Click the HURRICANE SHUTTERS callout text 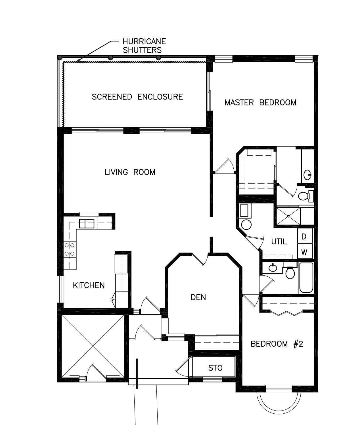(x=144, y=46)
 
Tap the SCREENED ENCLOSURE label (x=137, y=97)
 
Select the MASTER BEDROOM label (x=260, y=103)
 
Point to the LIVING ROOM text (x=130, y=172)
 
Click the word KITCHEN (x=89, y=285)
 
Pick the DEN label (x=198, y=297)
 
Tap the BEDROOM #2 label (x=277, y=344)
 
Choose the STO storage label (x=215, y=368)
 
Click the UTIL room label (x=279, y=242)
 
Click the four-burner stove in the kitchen (x=70, y=249)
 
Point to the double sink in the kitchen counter (x=87, y=224)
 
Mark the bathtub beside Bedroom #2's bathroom (x=306, y=278)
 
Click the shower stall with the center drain (x=288, y=216)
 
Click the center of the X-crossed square (x=93, y=346)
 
